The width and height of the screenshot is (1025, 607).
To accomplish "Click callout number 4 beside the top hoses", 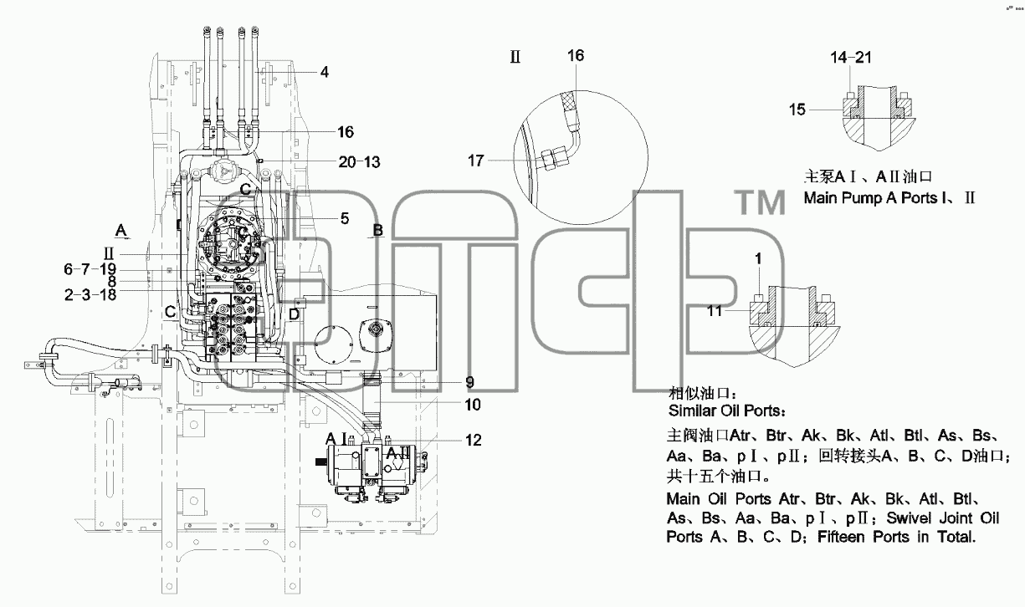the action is (325, 72).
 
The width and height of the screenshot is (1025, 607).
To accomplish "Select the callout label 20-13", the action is (359, 162).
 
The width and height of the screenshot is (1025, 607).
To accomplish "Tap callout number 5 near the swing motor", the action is (345, 218).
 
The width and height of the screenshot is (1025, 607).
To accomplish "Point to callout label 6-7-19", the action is (90, 269).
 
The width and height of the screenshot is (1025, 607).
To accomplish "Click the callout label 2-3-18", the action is (90, 295).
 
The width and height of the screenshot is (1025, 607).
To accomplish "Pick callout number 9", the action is (469, 382).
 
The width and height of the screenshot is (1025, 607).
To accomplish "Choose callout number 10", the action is (473, 405).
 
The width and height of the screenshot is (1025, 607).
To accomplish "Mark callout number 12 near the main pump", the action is (474, 440).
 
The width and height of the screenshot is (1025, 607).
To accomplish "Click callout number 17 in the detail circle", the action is (476, 161).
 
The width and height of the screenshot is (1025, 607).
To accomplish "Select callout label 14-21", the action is (851, 57).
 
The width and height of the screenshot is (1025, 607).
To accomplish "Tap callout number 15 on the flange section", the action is (797, 110).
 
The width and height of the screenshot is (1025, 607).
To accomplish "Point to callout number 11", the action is (715, 311).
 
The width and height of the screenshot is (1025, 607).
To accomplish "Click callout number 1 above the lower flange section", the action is (758, 258).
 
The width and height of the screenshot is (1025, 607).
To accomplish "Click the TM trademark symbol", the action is (760, 202).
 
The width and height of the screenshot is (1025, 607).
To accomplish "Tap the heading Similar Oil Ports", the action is (727, 411).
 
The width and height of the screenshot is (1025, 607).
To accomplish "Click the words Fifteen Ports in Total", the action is (896, 537).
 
